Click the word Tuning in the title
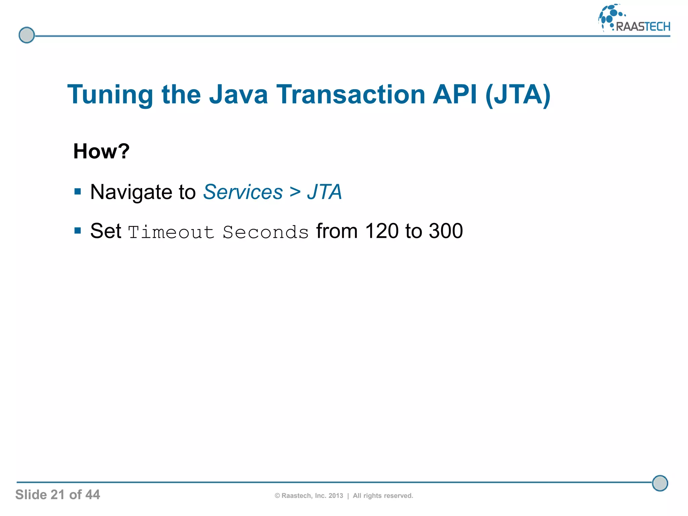tap(110, 95)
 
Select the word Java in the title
tap(238, 94)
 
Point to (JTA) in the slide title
tap(518, 95)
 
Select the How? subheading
tap(101, 151)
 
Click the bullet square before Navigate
tap(78, 192)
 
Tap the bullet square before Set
tap(78, 231)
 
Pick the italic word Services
tap(243, 192)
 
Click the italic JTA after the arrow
tap(324, 192)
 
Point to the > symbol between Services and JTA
tap(295, 192)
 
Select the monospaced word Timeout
tap(171, 232)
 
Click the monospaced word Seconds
tap(265, 232)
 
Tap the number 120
tap(382, 231)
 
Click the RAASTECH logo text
tap(643, 27)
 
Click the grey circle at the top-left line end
tap(27, 35)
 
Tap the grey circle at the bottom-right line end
tap(660, 483)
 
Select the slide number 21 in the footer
tap(57, 495)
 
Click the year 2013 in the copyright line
tap(336, 496)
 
